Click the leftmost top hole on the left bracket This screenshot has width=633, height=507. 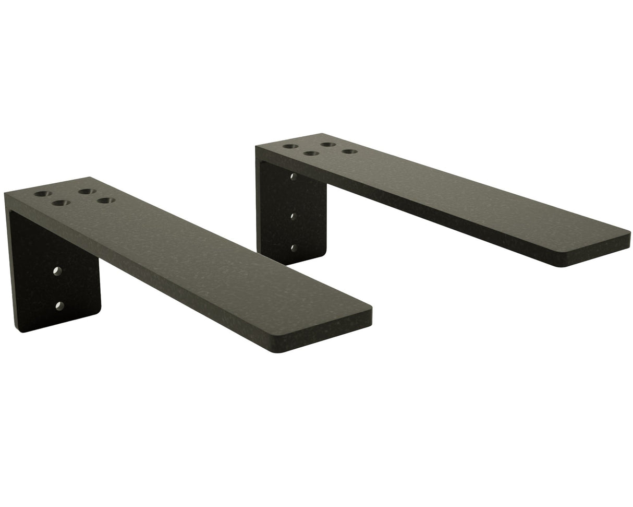tap(43, 194)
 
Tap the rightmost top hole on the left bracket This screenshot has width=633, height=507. tap(106, 201)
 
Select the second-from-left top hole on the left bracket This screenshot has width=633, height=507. tap(61, 202)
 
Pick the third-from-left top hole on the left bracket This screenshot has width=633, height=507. tap(87, 192)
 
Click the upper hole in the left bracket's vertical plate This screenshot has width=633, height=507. tap(57, 271)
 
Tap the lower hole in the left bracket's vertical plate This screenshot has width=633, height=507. tap(59, 305)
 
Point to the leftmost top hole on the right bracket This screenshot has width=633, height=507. tap(291, 146)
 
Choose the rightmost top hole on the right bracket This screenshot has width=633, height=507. tap(349, 152)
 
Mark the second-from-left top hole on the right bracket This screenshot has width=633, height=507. tap(311, 154)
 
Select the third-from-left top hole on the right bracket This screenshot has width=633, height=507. tap(327, 145)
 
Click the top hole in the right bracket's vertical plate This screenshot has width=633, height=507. tap(293, 176)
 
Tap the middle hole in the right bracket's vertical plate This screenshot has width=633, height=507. tap(294, 215)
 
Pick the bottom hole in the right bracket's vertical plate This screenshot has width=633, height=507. tap(294, 248)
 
